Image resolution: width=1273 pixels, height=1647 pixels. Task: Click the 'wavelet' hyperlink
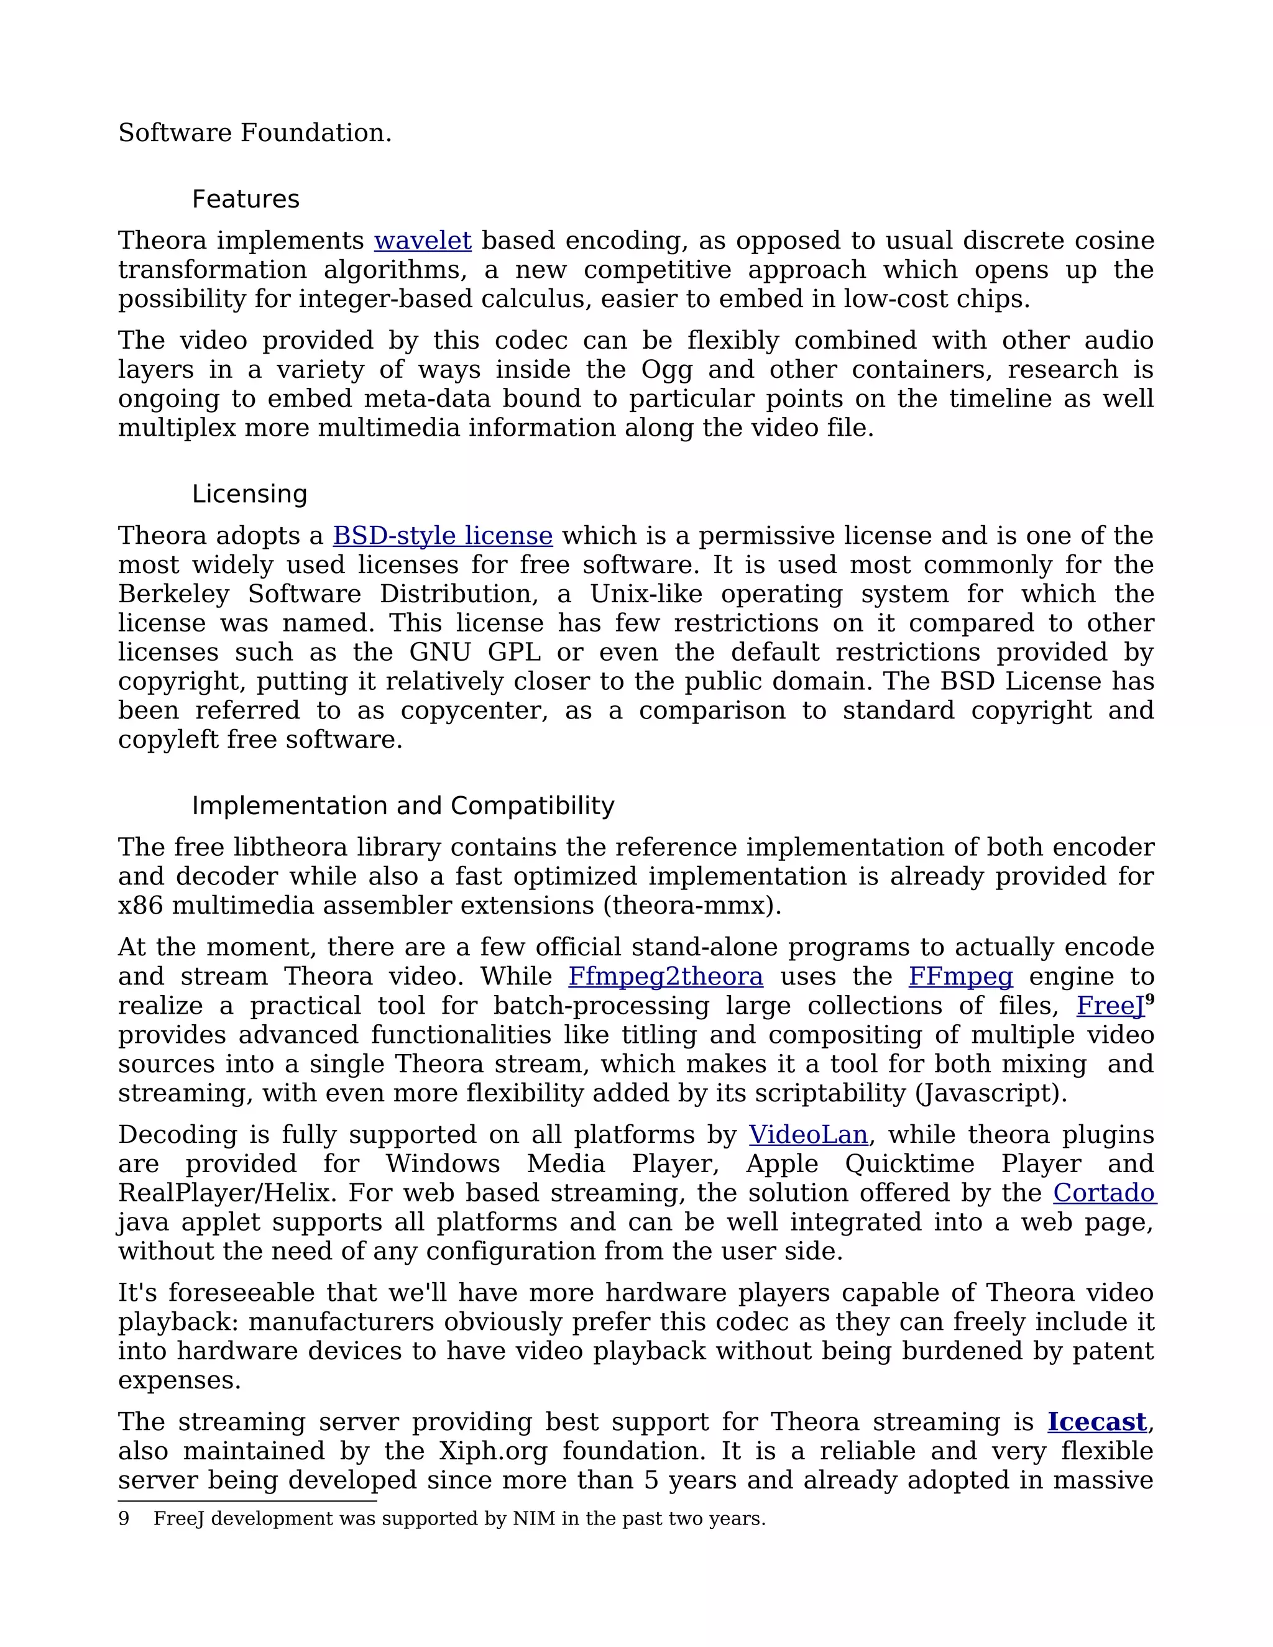(x=422, y=241)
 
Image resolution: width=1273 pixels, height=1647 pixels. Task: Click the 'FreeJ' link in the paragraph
(x=1110, y=1006)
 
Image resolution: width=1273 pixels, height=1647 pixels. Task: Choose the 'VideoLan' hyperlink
(x=807, y=1135)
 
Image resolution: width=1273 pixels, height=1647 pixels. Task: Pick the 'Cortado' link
(x=1104, y=1193)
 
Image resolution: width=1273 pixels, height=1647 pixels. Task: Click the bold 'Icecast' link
(x=1096, y=1421)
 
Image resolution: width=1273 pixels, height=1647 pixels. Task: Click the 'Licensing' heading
(x=249, y=494)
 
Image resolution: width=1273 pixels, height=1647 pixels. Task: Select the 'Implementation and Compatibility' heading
(x=403, y=805)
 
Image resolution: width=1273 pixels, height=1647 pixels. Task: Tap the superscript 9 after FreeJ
(x=1150, y=1000)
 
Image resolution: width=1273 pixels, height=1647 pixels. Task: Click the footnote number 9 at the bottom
(x=124, y=1519)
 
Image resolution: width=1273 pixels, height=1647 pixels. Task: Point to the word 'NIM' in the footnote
(x=533, y=1519)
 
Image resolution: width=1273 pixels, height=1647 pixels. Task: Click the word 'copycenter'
(x=474, y=710)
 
